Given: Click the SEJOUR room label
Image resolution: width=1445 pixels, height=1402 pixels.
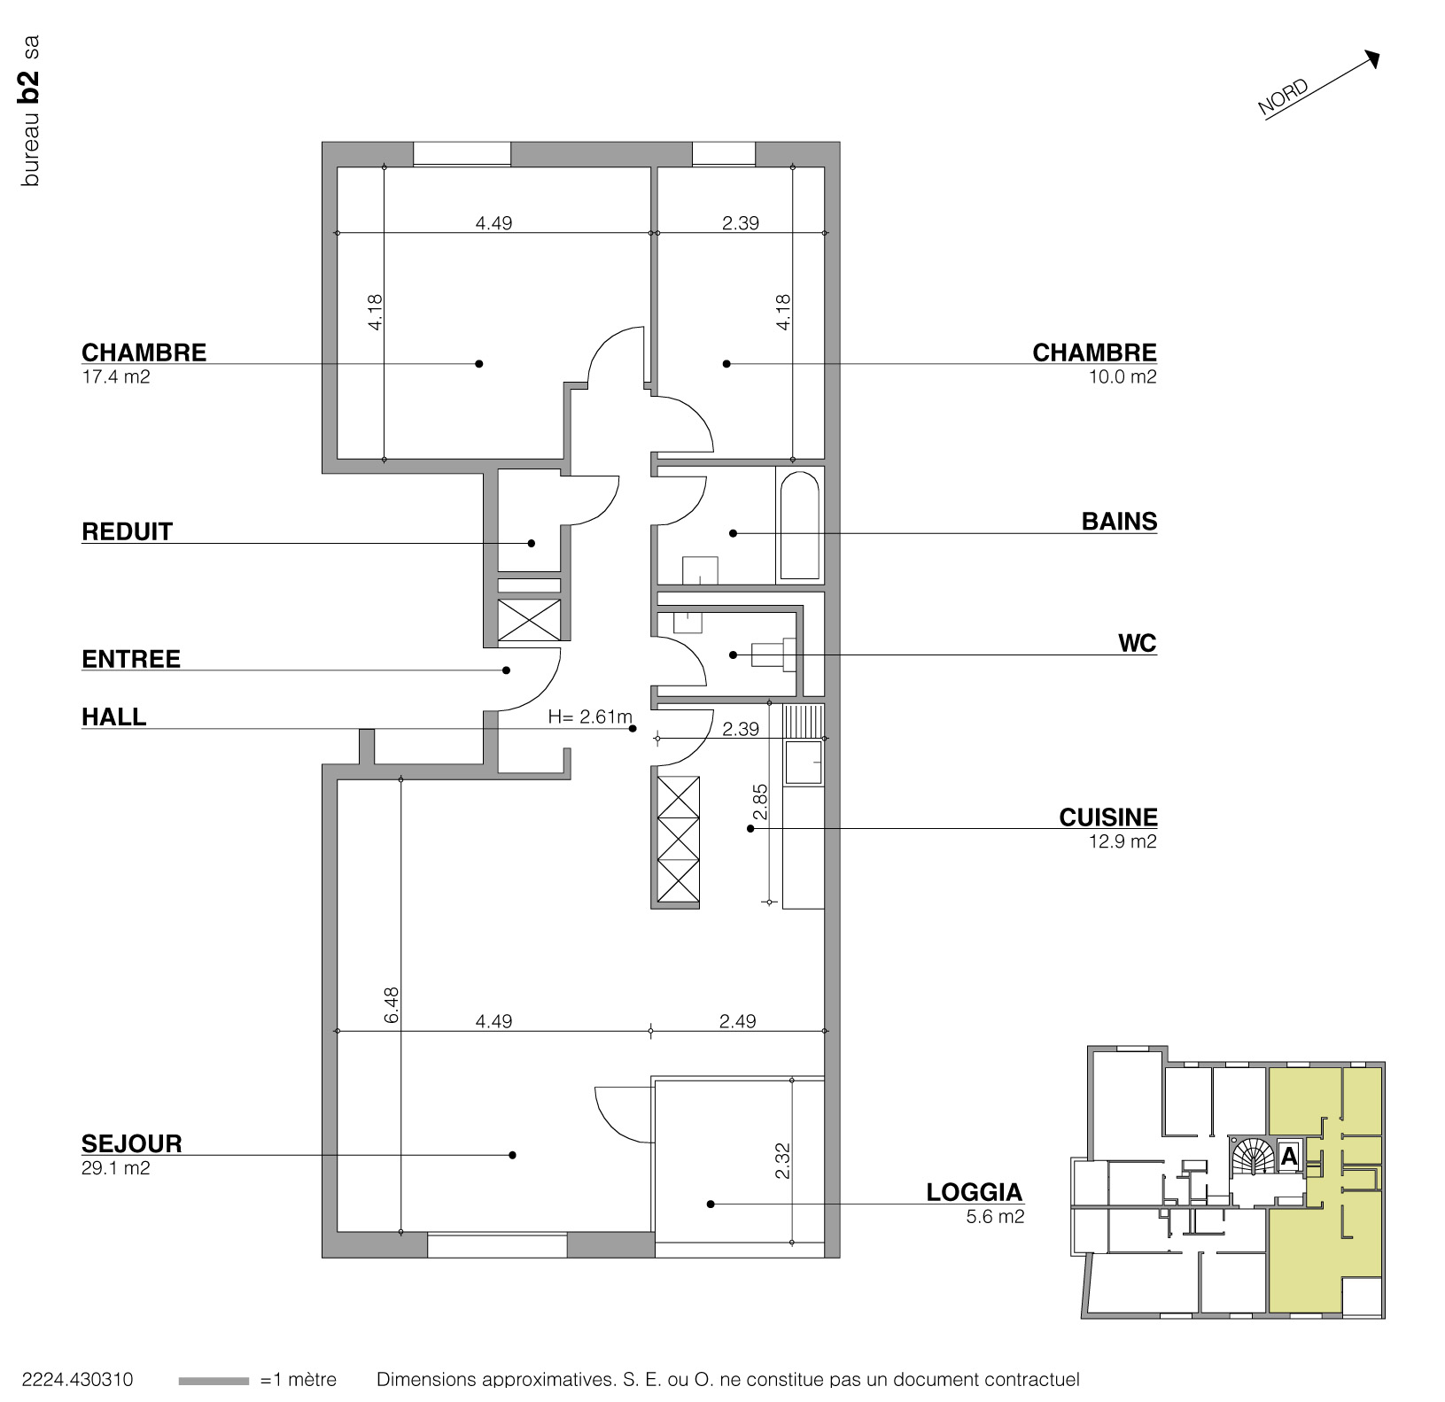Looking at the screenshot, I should click(x=131, y=1143).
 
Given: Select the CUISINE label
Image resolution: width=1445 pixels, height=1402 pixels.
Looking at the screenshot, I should click(x=1107, y=817).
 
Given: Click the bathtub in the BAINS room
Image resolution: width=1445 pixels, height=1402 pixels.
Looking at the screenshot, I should click(x=800, y=526).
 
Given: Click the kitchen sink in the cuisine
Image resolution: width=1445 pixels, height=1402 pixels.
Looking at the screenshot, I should click(x=804, y=763).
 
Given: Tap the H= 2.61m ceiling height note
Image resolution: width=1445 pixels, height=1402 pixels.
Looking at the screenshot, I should click(x=590, y=717).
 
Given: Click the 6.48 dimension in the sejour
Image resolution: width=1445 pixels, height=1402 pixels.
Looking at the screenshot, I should click(x=392, y=1005).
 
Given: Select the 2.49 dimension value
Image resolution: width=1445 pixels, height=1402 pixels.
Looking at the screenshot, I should click(x=737, y=1021).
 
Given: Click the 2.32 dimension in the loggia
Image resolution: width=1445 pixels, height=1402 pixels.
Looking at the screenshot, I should click(x=782, y=1161).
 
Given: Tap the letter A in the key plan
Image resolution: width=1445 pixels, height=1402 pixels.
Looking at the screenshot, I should click(x=1289, y=1156).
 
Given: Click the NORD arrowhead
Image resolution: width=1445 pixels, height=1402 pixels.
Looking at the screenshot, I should click(x=1373, y=58).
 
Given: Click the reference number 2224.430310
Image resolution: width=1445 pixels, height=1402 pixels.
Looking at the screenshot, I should click(x=77, y=1380).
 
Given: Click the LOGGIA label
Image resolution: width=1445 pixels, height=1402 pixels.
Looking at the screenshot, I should click(x=974, y=1192).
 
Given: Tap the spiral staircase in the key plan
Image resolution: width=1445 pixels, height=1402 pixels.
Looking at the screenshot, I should click(x=1252, y=1156).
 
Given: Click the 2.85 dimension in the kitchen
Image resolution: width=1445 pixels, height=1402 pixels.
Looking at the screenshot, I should click(x=760, y=802).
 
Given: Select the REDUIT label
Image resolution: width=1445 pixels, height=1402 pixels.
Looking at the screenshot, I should click(x=127, y=532).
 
